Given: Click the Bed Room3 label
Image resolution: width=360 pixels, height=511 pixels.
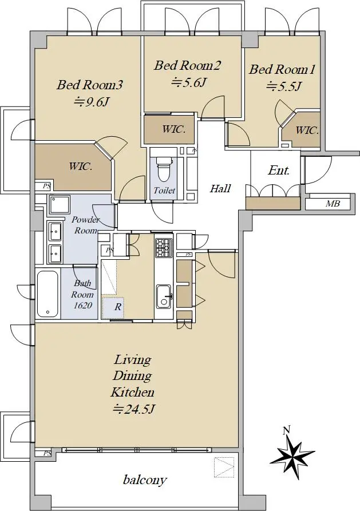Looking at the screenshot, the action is (x=90, y=85).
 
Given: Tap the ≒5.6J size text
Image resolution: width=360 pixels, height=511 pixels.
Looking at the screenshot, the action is (x=189, y=83).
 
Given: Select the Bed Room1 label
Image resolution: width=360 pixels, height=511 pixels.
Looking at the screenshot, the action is (x=282, y=69).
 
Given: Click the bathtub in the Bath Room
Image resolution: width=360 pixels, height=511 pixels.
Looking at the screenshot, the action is (x=48, y=294).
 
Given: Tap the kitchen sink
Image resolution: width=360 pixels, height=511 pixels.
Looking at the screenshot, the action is (x=163, y=296).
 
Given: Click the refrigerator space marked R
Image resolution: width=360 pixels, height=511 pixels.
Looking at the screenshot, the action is (x=113, y=307).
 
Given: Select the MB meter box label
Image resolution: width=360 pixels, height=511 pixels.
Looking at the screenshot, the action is (x=333, y=204).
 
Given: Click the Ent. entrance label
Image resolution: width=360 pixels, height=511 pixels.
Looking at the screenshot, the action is (x=279, y=171).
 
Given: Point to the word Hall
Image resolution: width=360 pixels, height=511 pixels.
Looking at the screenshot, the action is (x=220, y=188).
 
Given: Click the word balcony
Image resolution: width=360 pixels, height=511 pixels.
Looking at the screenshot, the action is (x=145, y=480).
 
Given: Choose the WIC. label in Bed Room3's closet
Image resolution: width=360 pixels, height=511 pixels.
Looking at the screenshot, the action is (x=80, y=167).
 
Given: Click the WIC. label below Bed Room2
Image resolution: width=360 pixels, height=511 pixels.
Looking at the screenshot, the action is (x=174, y=129).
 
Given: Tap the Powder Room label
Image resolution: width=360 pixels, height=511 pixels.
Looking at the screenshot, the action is (x=86, y=225).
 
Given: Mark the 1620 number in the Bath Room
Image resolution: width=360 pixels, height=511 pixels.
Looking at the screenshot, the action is (x=82, y=306).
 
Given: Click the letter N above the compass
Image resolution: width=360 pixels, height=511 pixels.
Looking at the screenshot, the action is (x=286, y=431).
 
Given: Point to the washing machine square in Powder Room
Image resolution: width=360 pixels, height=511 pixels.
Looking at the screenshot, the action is (x=59, y=204).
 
